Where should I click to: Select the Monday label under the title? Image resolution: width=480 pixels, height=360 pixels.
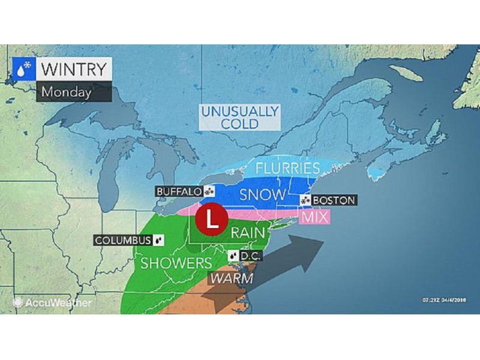tap(67, 92)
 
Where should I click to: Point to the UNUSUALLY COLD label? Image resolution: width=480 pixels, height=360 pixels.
tap(239, 118)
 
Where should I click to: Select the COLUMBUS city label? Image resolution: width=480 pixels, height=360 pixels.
tap(123, 241)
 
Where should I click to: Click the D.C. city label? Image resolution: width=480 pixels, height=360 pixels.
tap(248, 256)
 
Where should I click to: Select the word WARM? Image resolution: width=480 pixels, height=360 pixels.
tap(231, 279)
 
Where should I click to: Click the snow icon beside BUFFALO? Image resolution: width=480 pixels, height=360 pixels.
tap(209, 191)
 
